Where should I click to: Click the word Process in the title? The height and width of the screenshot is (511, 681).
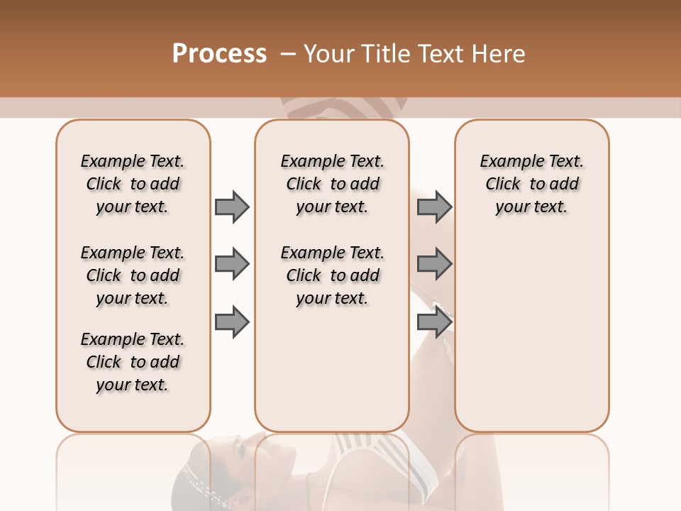click(219, 54)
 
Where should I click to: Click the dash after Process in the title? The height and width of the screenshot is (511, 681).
click(288, 55)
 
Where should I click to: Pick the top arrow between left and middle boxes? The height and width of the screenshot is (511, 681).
click(232, 207)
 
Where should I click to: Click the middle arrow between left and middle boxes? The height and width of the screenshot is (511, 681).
click(232, 265)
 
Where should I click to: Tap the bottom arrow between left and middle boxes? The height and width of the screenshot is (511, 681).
click(232, 322)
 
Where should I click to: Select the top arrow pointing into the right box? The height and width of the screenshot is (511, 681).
click(434, 207)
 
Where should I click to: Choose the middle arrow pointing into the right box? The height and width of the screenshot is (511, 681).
click(434, 265)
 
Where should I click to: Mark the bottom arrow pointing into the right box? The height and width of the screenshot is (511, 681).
click(434, 322)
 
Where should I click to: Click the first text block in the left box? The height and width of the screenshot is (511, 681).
click(133, 184)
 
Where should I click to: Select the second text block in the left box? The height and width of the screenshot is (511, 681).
click(133, 275)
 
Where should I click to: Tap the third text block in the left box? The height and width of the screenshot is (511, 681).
click(133, 362)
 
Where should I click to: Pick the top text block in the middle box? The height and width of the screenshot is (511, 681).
click(332, 184)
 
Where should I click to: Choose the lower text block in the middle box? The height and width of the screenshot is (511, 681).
click(332, 275)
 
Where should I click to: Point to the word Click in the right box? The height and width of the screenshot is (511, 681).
click(503, 185)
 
